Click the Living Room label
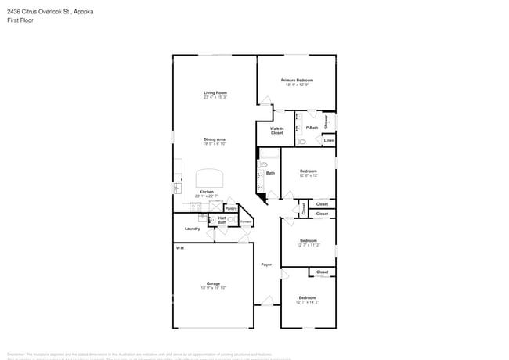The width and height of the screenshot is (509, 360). [x=215, y=93]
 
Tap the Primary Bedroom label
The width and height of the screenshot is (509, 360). [x=297, y=80]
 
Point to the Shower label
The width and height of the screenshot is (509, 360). [x=327, y=121]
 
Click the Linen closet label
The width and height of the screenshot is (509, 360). [x=329, y=140]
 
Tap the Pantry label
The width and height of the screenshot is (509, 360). [x=231, y=209]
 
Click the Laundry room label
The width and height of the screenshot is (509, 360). [x=192, y=229]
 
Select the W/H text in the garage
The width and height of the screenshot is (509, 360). [x=179, y=248]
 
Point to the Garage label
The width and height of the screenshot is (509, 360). [x=213, y=283]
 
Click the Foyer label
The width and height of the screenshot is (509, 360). [x=266, y=265]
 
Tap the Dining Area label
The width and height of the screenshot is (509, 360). [x=215, y=139]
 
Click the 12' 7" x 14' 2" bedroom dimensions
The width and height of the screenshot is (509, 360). [x=308, y=301]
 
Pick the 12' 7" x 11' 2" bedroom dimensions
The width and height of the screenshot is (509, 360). [x=308, y=245]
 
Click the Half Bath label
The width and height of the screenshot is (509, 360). [x=222, y=220]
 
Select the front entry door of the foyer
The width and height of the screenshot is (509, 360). [x=266, y=301]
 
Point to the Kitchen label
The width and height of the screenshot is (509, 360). [x=206, y=192]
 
